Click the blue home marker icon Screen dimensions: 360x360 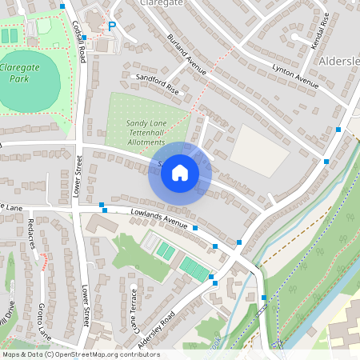[180, 173]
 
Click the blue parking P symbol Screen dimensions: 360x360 [112, 27]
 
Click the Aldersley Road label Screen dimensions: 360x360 [157, 328]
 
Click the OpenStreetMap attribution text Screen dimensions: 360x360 [80, 354]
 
